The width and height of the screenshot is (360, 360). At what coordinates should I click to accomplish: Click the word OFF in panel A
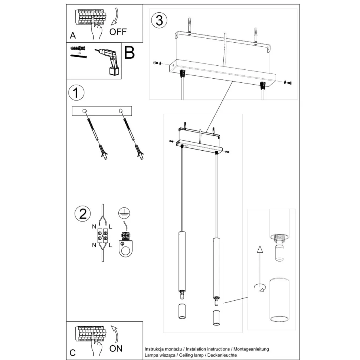click(x=118, y=32)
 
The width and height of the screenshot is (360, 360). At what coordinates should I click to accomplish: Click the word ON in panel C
click(x=116, y=348)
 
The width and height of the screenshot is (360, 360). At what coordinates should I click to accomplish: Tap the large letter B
click(x=130, y=53)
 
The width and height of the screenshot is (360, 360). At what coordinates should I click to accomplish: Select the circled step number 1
click(x=76, y=93)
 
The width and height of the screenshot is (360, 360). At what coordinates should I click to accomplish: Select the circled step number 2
click(x=82, y=214)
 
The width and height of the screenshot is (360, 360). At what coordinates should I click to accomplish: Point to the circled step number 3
click(x=159, y=20)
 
